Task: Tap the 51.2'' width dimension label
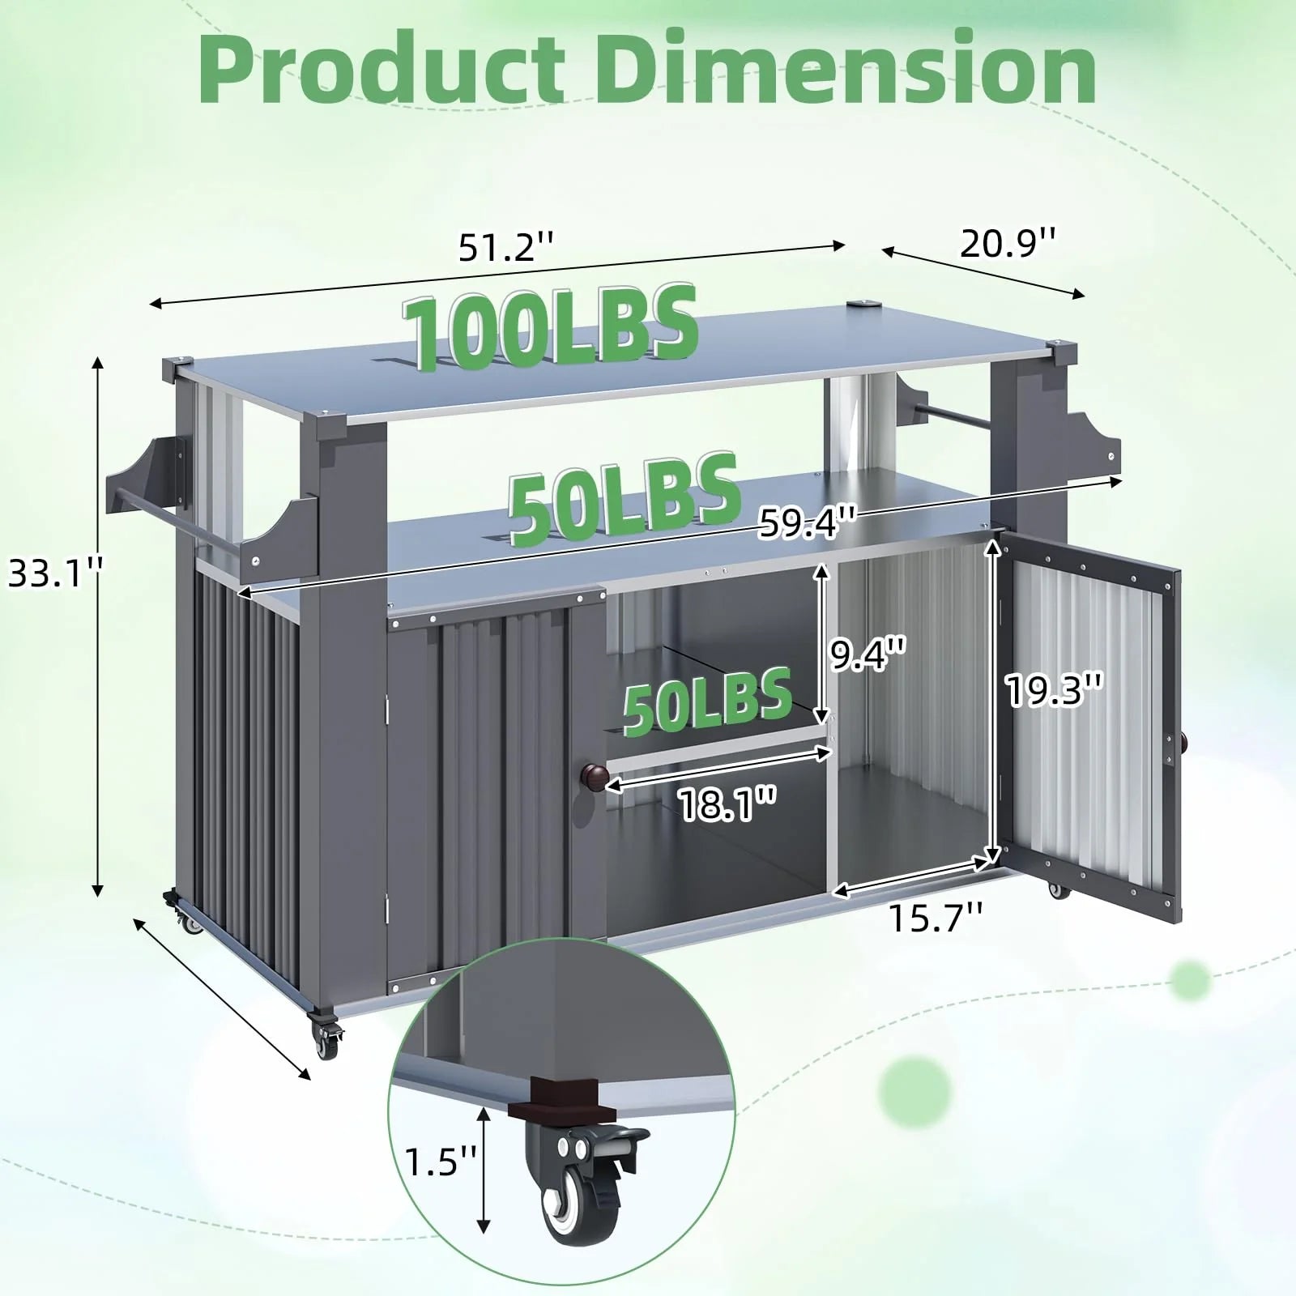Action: point(506,246)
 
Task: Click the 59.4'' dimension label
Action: point(807,525)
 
